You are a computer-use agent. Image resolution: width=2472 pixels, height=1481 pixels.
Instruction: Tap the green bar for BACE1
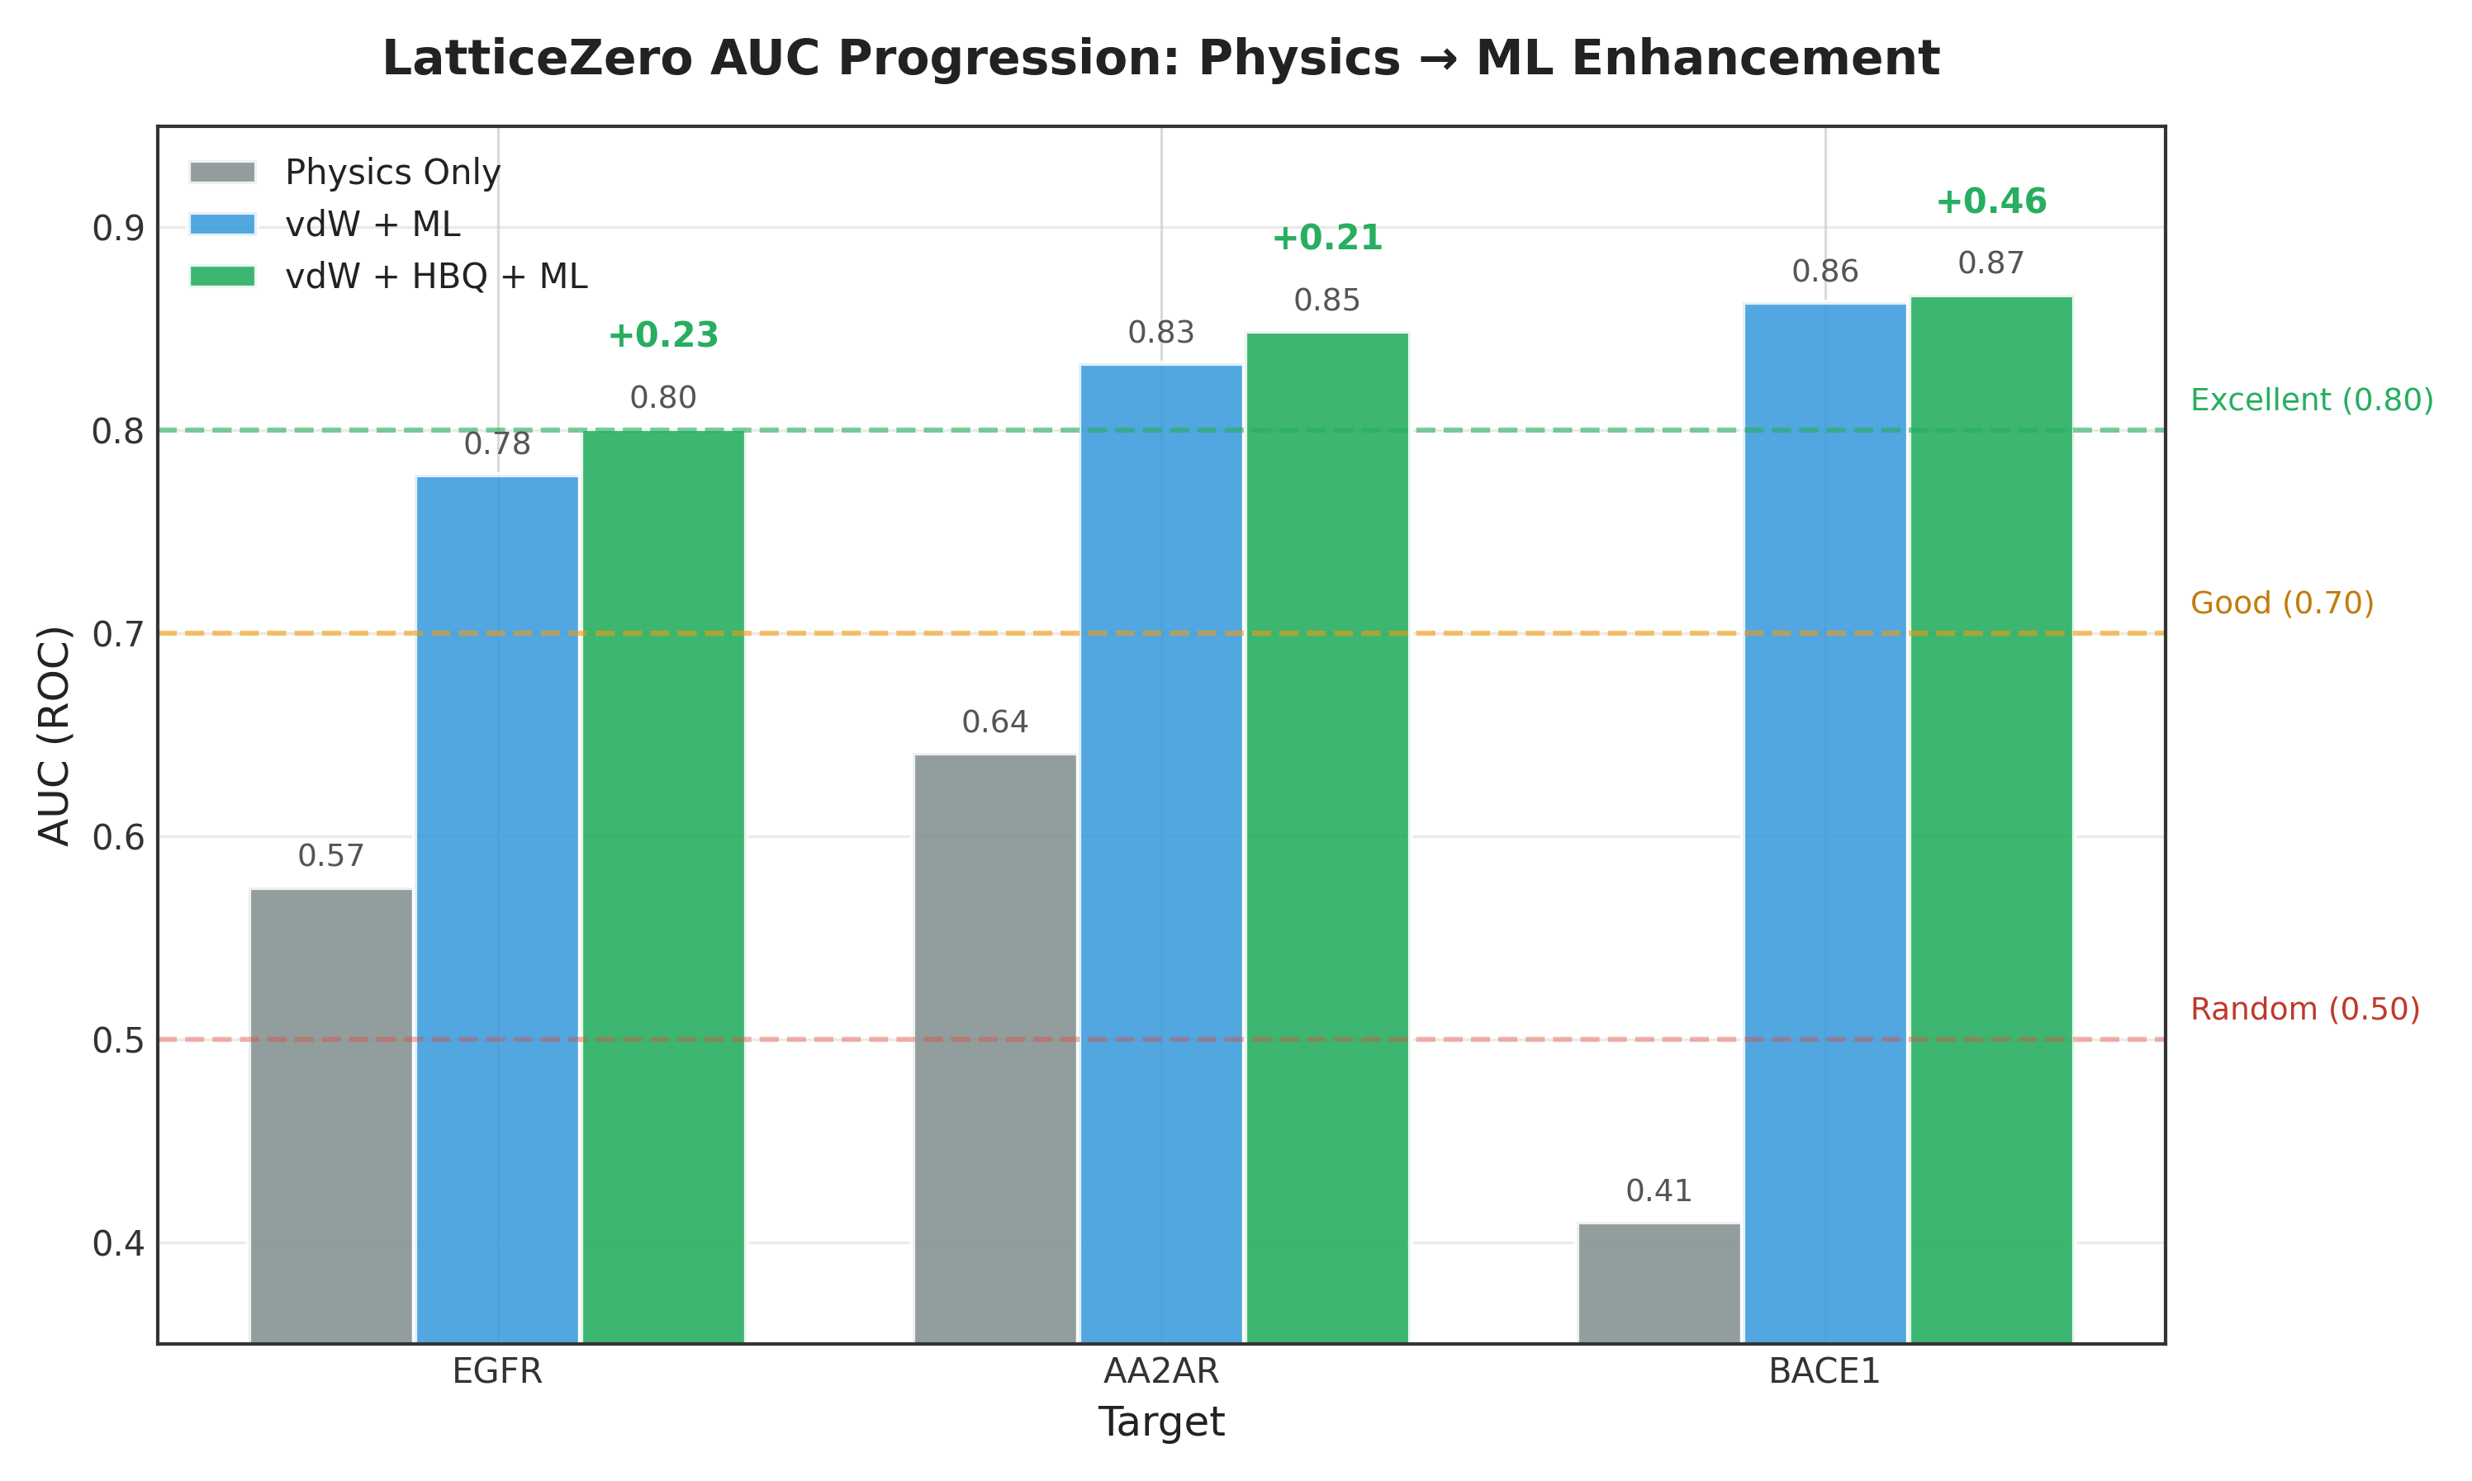click(x=1990, y=818)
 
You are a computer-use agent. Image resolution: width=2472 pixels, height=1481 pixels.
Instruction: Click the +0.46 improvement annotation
click(x=1990, y=201)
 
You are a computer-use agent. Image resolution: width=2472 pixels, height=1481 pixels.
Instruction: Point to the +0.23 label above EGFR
click(x=663, y=335)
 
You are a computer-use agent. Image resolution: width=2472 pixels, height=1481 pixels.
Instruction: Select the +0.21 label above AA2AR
click(x=1327, y=239)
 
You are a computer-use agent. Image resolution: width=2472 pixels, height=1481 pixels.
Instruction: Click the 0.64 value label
click(x=994, y=722)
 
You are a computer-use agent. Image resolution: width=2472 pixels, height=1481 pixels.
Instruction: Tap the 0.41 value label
click(x=1658, y=1190)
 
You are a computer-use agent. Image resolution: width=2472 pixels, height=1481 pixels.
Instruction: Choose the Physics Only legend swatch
click(x=223, y=173)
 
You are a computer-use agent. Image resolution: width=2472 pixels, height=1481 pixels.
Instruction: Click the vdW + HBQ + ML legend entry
click(x=435, y=277)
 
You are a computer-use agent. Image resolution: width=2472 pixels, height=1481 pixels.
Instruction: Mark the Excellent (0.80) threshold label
click(x=2311, y=400)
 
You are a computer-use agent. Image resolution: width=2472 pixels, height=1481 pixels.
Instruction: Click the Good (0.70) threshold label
click(x=2281, y=603)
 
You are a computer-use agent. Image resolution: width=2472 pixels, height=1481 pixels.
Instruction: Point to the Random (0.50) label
click(x=2304, y=1009)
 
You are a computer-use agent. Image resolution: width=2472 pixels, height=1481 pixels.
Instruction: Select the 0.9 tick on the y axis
click(x=118, y=229)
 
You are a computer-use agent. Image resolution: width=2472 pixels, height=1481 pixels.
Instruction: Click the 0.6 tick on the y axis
click(x=118, y=837)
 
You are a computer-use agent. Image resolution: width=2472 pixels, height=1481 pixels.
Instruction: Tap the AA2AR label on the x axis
click(x=1160, y=1372)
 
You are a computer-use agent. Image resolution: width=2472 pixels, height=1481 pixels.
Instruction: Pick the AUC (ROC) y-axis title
click(x=54, y=736)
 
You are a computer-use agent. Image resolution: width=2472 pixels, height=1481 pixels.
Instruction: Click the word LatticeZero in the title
click(x=537, y=58)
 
